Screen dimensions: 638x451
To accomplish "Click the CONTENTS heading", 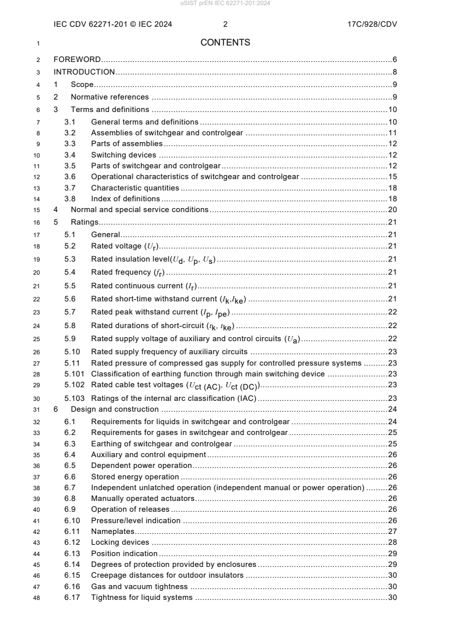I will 225,43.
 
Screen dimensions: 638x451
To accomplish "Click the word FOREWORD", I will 77,60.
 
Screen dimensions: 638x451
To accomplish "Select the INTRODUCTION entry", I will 84,72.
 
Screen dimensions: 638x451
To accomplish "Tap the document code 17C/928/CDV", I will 370,24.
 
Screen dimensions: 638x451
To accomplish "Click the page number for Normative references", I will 394,97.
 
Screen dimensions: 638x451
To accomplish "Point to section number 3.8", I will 70,198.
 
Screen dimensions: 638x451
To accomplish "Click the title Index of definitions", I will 125,198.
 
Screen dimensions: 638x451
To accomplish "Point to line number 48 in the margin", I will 37,597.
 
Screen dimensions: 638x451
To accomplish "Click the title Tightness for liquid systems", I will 142,597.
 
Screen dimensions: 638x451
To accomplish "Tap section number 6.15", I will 72,575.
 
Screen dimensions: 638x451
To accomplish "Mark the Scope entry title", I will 82,84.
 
